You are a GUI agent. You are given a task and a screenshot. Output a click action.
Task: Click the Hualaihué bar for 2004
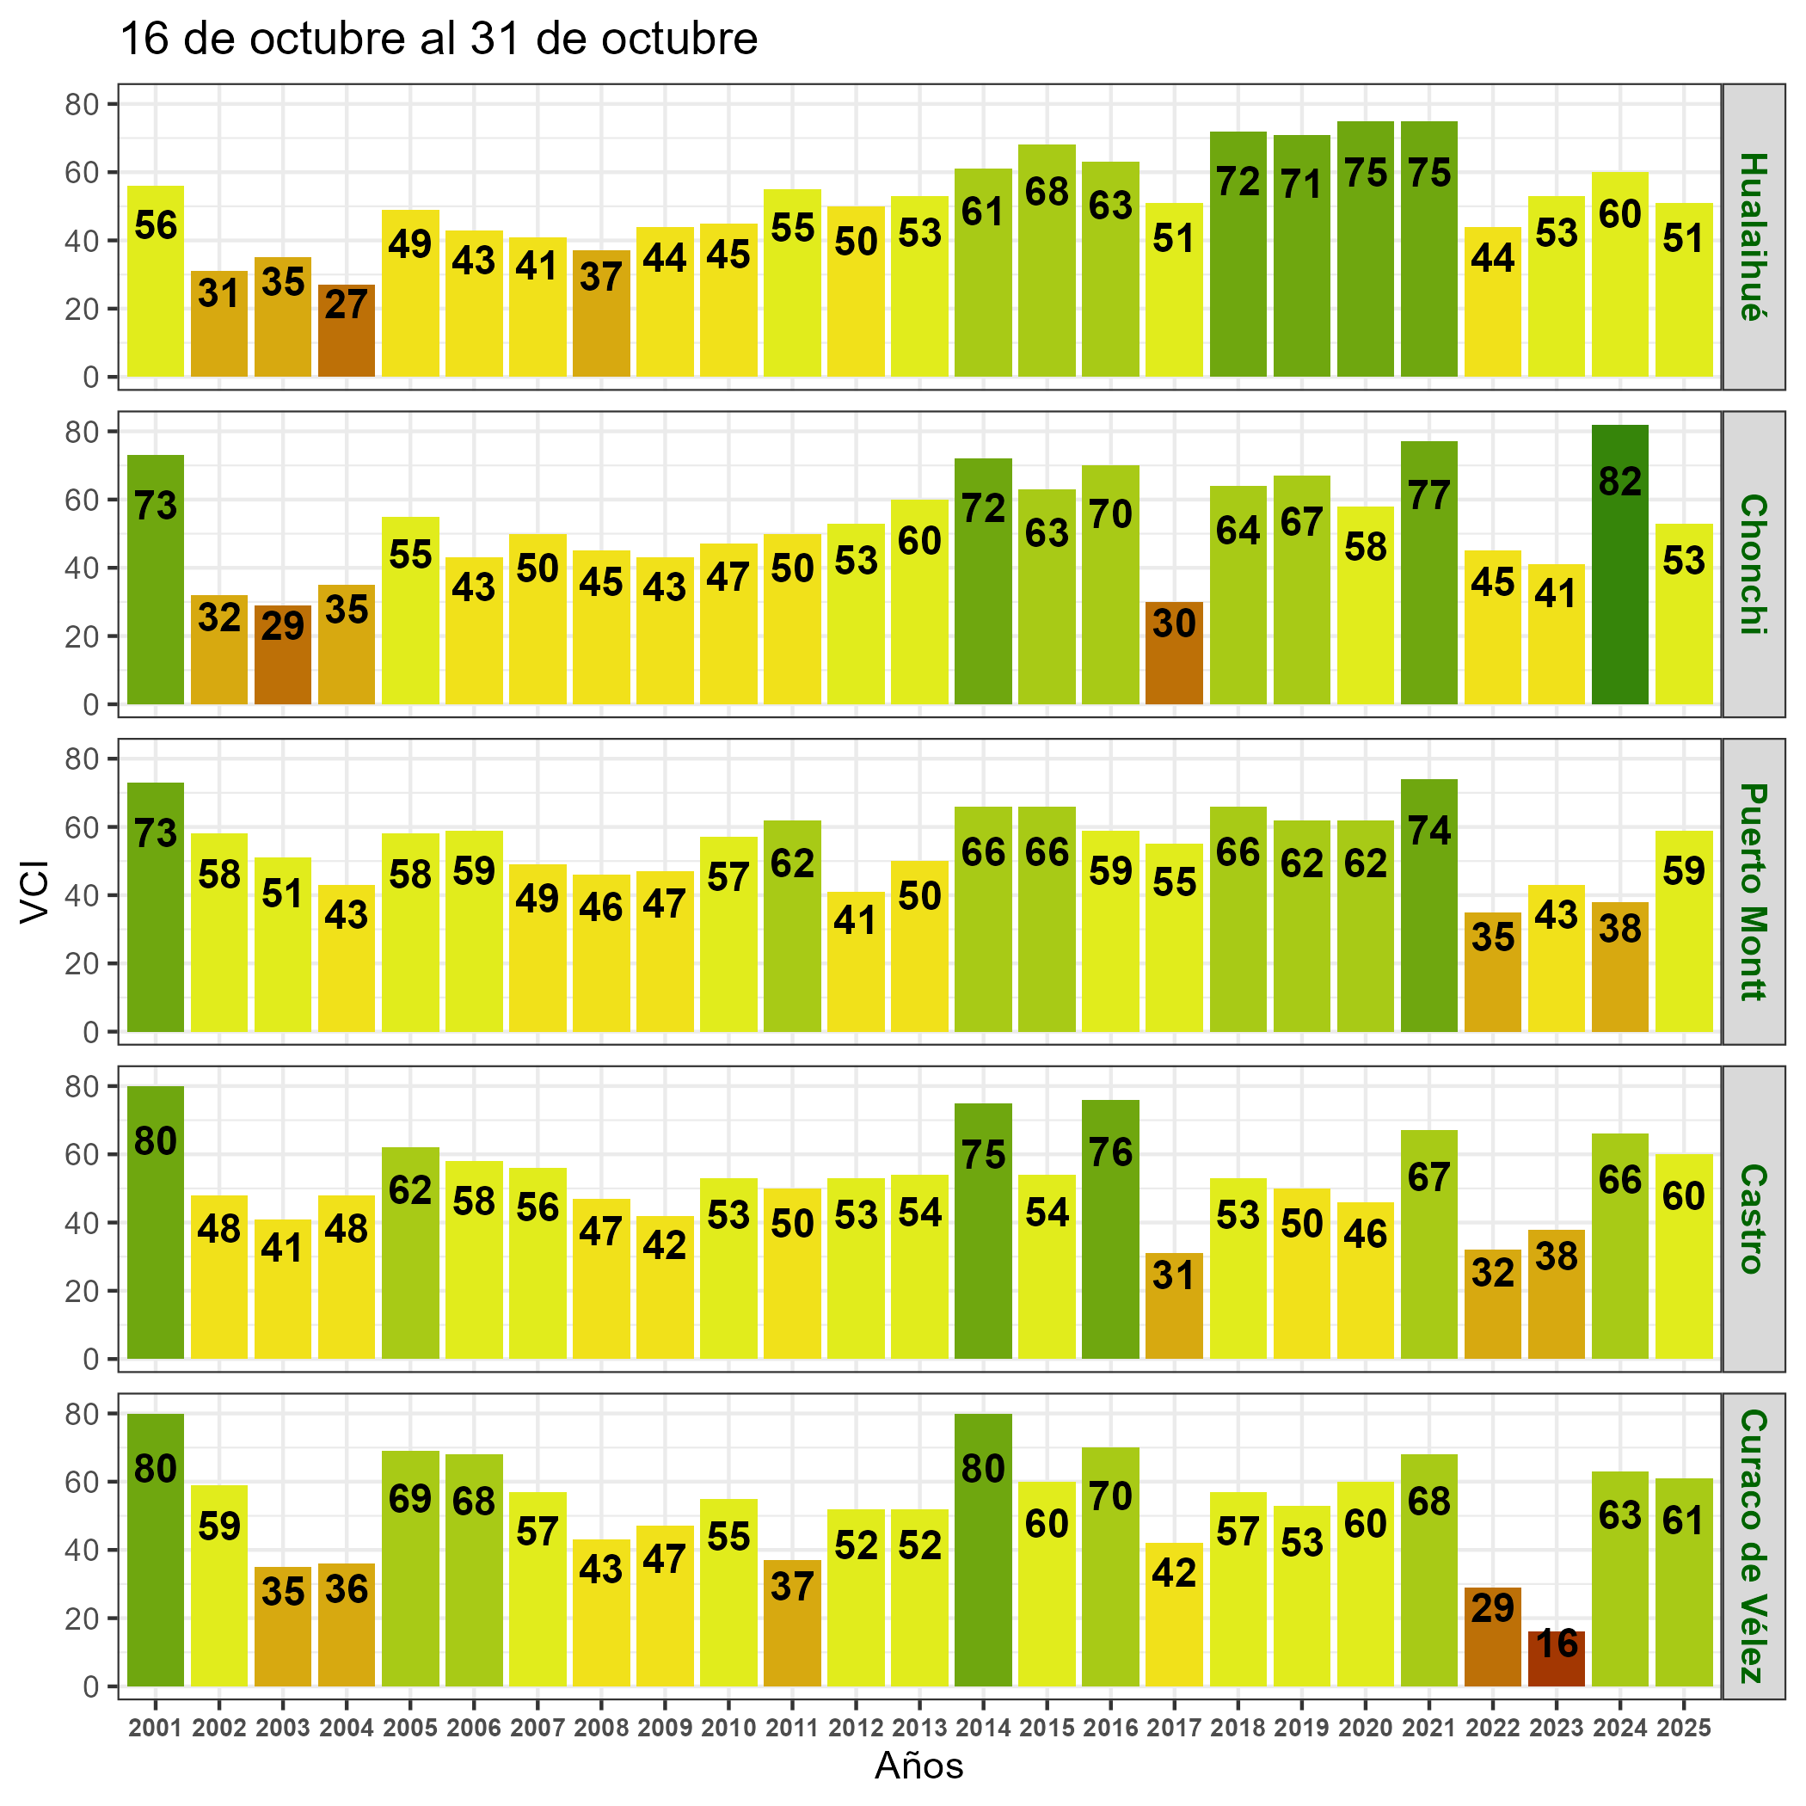(346, 332)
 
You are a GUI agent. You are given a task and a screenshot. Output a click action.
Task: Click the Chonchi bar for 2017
(1174, 654)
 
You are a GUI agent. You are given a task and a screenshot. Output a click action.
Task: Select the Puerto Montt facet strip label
(1753, 892)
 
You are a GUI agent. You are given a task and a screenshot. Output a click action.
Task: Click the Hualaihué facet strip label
(1753, 236)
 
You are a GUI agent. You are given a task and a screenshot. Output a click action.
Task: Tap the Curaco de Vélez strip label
(1753, 1546)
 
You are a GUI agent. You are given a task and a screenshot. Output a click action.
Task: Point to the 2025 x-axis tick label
(1684, 1729)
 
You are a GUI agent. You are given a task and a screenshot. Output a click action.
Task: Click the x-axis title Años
(918, 1766)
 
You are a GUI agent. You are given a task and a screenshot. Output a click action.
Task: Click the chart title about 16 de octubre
(439, 40)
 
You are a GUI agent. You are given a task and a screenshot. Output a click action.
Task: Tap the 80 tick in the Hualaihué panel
(82, 105)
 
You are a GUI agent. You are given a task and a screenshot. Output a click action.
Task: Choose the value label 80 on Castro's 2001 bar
(155, 1141)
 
